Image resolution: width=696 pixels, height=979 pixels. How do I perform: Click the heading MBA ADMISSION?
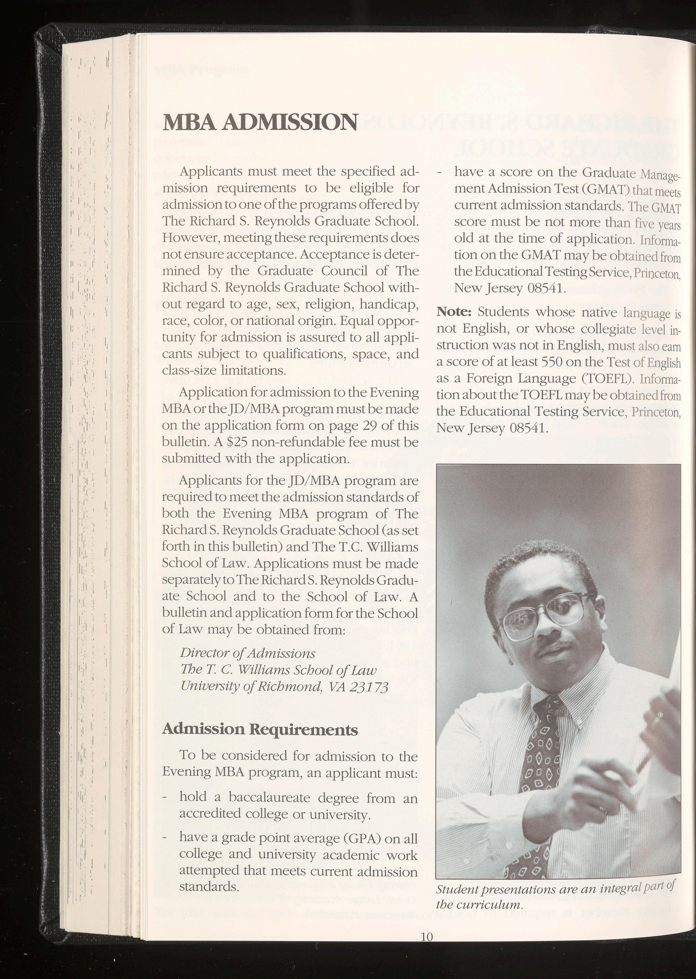point(260,123)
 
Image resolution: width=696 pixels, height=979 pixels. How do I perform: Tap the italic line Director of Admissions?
point(248,653)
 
